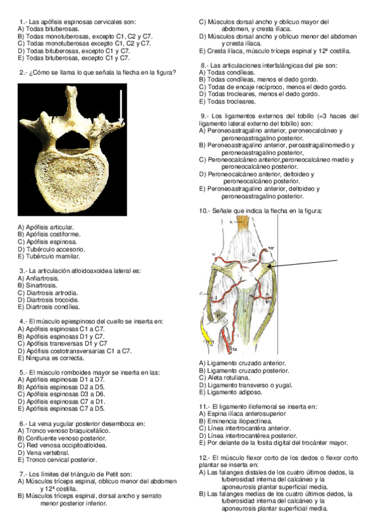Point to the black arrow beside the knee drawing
(x=308, y=264)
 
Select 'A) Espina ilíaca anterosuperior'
(x=242, y=413)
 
